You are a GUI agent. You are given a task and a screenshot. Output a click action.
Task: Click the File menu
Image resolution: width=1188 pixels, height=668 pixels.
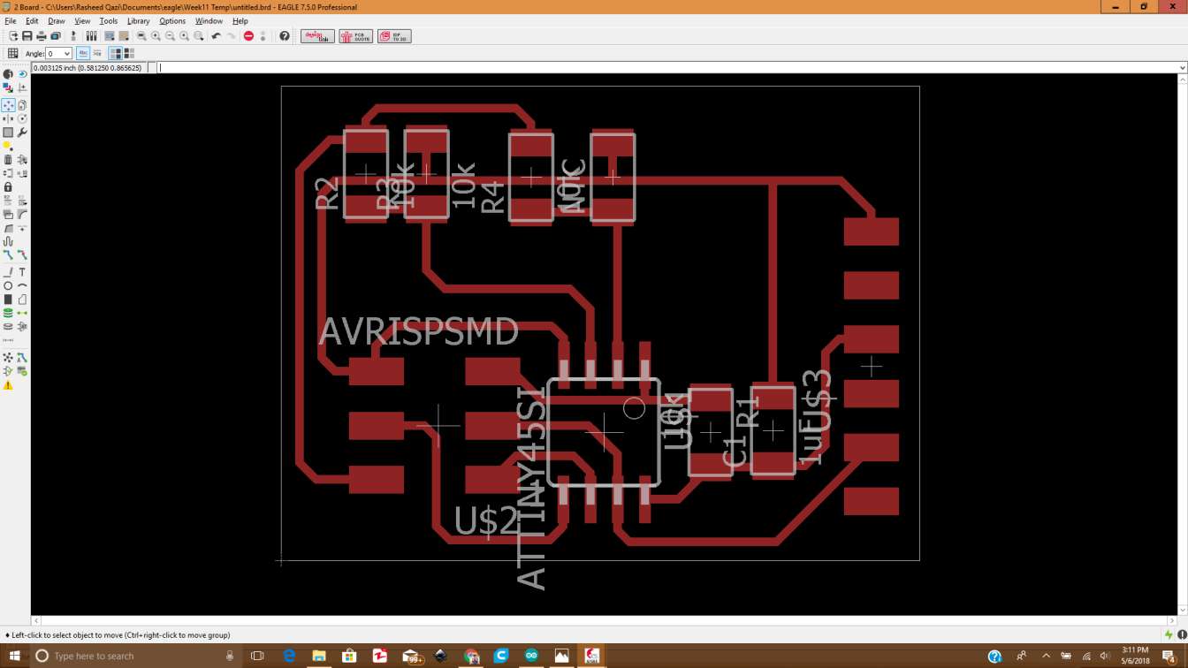click(x=11, y=20)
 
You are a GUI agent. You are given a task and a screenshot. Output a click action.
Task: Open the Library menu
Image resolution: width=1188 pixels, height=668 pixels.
click(x=138, y=20)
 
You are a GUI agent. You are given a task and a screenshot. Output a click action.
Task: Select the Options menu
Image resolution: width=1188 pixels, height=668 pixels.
click(x=172, y=20)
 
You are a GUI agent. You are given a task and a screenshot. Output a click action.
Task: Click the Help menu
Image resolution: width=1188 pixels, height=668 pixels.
click(x=240, y=20)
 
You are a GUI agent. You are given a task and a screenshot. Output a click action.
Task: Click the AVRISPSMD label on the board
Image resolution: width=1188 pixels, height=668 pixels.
click(x=418, y=332)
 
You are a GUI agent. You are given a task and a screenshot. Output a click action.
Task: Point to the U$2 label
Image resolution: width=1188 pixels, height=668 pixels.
click(x=486, y=521)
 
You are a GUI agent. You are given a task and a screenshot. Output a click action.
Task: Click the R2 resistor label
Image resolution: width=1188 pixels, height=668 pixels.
click(x=327, y=194)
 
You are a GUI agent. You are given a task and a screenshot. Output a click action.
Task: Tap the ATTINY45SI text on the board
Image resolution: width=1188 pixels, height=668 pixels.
click(x=531, y=488)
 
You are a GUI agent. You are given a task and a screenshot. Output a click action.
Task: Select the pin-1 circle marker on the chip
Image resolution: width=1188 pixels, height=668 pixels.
click(x=634, y=408)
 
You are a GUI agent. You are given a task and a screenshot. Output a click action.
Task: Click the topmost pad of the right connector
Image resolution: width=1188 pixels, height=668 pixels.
click(x=871, y=232)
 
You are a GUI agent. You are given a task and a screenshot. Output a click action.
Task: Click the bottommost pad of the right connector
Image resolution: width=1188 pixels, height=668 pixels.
click(x=871, y=501)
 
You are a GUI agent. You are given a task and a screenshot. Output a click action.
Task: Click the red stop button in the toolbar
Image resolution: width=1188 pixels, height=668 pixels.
click(x=248, y=36)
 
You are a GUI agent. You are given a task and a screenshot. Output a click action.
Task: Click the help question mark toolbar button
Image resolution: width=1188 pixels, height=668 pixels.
click(x=285, y=36)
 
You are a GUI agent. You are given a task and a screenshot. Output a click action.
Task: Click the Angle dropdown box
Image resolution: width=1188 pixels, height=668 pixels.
click(x=58, y=54)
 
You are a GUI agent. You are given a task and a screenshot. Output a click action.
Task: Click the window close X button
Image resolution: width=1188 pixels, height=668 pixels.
click(x=1173, y=7)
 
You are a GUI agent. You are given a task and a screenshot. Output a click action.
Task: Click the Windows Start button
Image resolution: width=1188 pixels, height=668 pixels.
click(x=14, y=656)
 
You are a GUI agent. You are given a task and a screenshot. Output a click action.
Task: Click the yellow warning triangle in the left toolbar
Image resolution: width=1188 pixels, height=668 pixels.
click(x=8, y=385)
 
